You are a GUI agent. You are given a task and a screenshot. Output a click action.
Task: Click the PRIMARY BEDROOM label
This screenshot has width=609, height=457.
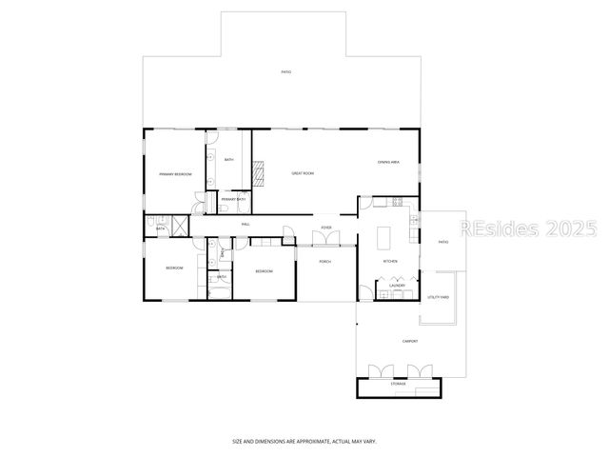pyautogui.click(x=175, y=174)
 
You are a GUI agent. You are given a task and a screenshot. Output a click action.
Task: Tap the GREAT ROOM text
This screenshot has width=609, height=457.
pyautogui.click(x=303, y=173)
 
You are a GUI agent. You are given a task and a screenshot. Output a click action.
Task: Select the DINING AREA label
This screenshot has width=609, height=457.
pyautogui.click(x=387, y=163)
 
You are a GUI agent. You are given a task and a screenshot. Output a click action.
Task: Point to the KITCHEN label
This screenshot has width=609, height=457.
pyautogui.click(x=390, y=262)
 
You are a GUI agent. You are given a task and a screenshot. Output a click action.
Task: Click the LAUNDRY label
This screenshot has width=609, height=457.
pyautogui.click(x=398, y=286)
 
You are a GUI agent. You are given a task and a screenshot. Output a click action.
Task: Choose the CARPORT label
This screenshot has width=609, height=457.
pyautogui.click(x=411, y=340)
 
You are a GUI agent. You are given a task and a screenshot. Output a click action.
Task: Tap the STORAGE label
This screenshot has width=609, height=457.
pyautogui.click(x=398, y=384)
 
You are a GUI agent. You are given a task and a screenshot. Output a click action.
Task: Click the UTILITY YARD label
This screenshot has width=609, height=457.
pyautogui.click(x=438, y=298)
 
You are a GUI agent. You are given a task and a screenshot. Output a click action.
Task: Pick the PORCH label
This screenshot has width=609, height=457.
pyautogui.click(x=325, y=262)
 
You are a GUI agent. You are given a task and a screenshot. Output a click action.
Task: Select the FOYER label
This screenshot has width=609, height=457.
pyautogui.click(x=326, y=228)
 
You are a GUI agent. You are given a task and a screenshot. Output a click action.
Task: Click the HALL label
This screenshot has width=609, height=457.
pyautogui.click(x=246, y=224)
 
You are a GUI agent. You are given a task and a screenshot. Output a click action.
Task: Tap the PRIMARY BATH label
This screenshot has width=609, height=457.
pyautogui.click(x=233, y=199)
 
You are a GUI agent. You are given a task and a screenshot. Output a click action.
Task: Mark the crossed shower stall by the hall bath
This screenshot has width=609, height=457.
pyautogui.click(x=179, y=225)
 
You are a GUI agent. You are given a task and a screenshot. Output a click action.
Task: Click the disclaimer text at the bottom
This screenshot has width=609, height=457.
pyautogui.click(x=304, y=442)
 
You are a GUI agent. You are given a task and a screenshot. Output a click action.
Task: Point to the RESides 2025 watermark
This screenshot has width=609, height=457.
pyautogui.click(x=527, y=229)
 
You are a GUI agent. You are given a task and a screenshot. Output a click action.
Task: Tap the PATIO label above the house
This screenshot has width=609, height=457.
pyautogui.click(x=285, y=72)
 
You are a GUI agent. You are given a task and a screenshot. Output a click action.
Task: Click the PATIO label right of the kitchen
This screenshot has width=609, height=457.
pyautogui.click(x=443, y=243)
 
